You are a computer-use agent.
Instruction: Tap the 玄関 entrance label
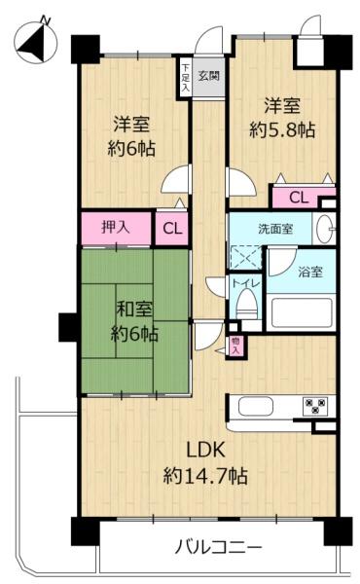pos(207,74)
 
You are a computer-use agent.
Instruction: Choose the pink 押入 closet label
pos(118,229)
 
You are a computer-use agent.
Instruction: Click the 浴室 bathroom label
pos(310,273)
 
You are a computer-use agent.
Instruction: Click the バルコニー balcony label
pos(219,547)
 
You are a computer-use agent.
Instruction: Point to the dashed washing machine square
pos(246,255)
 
